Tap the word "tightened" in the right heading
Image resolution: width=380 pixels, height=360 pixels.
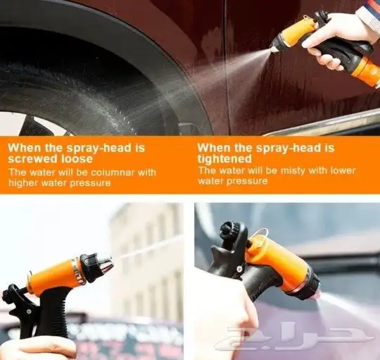click(x=224, y=159)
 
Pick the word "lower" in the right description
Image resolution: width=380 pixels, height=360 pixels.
click(x=343, y=170)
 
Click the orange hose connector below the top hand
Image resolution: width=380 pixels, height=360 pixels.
click(x=366, y=72)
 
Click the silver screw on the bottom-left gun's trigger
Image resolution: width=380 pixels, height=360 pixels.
click(x=29, y=311)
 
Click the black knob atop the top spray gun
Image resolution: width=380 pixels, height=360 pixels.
click(x=321, y=16)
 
